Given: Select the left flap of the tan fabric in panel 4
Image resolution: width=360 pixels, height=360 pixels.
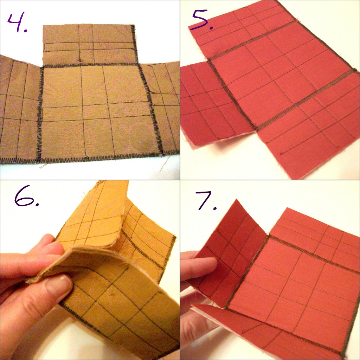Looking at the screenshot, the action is tap(20, 110).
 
